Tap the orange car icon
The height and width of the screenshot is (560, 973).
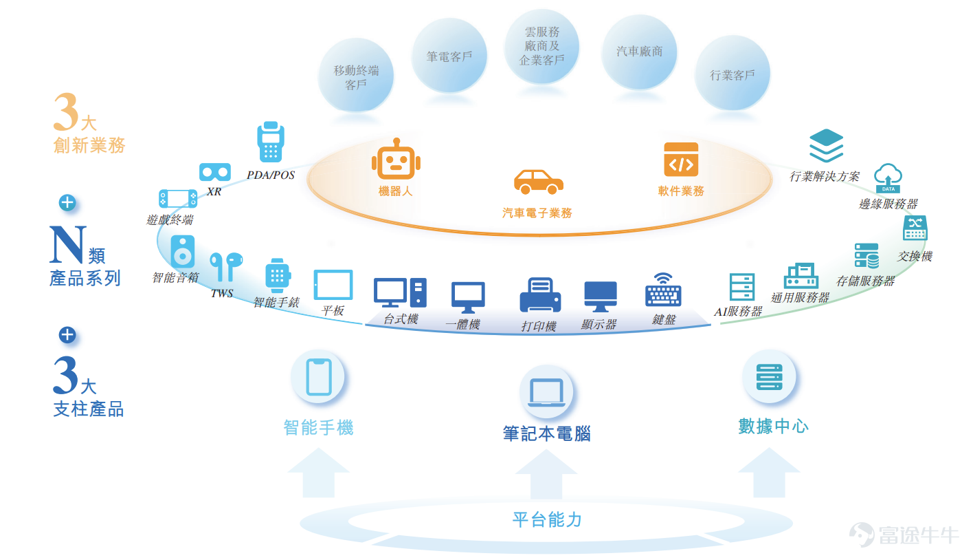point(539,182)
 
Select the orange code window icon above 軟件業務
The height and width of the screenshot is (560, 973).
point(681,159)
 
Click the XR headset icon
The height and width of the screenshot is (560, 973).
point(214,172)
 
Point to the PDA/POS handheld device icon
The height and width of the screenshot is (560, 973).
point(271,142)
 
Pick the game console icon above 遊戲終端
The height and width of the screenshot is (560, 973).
point(178,199)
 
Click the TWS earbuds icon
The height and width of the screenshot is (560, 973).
point(226,266)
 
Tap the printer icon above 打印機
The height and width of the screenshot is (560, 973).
point(540,294)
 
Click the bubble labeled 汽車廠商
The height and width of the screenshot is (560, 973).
point(640,52)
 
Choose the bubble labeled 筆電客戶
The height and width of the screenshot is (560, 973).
point(449,56)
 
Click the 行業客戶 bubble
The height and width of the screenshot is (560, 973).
point(732,73)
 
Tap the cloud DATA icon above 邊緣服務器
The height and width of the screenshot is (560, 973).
point(888,178)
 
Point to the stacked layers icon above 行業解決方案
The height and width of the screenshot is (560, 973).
point(826,146)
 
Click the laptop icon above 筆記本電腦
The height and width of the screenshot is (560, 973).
point(546,392)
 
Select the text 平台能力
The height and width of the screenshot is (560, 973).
point(547,519)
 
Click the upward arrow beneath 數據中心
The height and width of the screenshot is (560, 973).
point(769,473)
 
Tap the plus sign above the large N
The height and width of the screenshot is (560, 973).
point(67,203)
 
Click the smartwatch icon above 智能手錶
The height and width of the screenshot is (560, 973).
point(278,276)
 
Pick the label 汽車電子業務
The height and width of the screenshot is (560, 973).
point(537,213)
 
